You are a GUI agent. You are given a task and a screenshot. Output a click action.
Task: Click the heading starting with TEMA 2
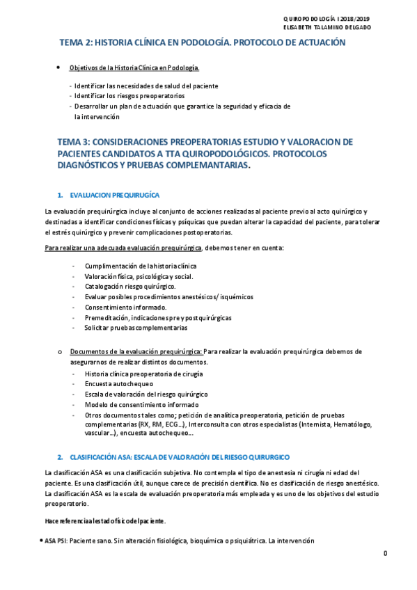pos(202,42)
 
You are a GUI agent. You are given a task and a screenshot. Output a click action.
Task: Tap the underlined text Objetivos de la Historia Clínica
pos(134,67)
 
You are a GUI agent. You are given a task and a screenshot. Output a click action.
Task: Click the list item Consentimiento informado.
pos(126,307)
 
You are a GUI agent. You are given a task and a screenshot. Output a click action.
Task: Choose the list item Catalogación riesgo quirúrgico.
pos(130,286)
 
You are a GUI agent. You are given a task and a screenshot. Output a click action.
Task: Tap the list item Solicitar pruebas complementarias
pos(136,327)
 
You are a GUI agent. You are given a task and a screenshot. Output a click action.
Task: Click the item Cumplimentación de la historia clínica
pos(141,266)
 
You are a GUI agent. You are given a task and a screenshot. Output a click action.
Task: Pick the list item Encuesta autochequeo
pos(119,383)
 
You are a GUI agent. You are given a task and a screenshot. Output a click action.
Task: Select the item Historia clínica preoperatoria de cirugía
pos(144,374)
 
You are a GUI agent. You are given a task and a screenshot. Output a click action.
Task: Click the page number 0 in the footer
pos(384,553)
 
